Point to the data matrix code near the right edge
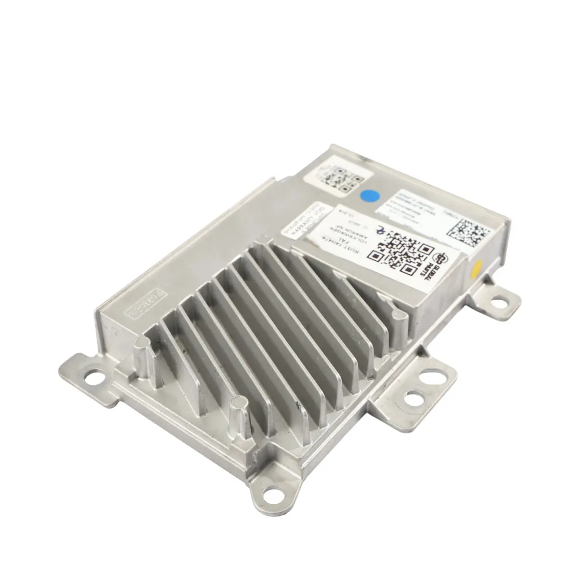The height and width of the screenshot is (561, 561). (x=468, y=232)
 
